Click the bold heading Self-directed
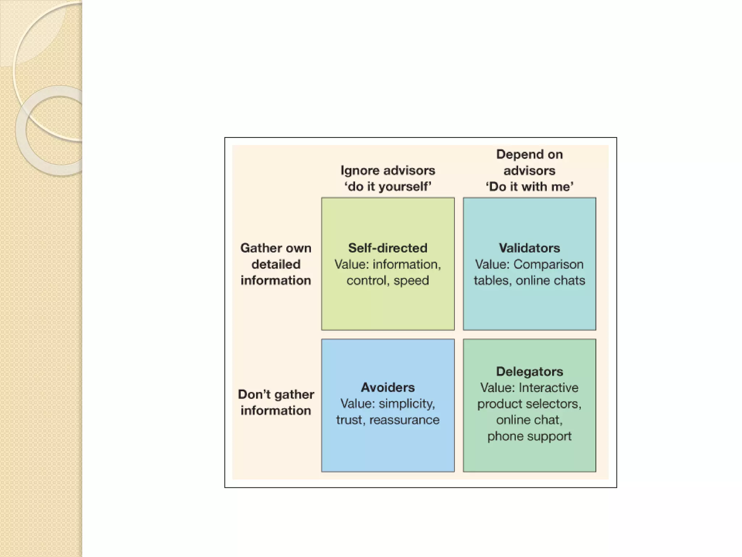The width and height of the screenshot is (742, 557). [388, 248]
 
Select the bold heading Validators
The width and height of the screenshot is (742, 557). [529, 248]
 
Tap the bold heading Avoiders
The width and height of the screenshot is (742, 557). [388, 387]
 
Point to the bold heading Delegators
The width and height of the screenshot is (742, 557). [529, 371]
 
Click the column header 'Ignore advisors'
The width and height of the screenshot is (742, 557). [388, 170]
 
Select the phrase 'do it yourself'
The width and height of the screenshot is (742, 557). [388, 186]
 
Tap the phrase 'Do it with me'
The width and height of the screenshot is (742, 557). [529, 186]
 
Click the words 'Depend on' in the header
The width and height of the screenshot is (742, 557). [529, 154]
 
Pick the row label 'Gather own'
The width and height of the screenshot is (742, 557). [276, 248]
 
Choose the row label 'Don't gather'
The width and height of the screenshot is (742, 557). [276, 394]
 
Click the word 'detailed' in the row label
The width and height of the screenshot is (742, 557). [276, 264]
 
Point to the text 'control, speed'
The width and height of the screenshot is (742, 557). [388, 280]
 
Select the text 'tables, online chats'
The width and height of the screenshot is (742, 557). [529, 280]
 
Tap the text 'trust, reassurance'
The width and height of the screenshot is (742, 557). [388, 420]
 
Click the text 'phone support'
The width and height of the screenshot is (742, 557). [529, 436]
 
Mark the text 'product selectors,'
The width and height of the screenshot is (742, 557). [529, 404]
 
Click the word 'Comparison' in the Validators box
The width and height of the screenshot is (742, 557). [549, 264]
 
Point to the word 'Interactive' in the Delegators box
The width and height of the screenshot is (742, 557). [549, 388]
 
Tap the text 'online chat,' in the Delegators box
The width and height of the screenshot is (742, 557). [529, 420]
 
